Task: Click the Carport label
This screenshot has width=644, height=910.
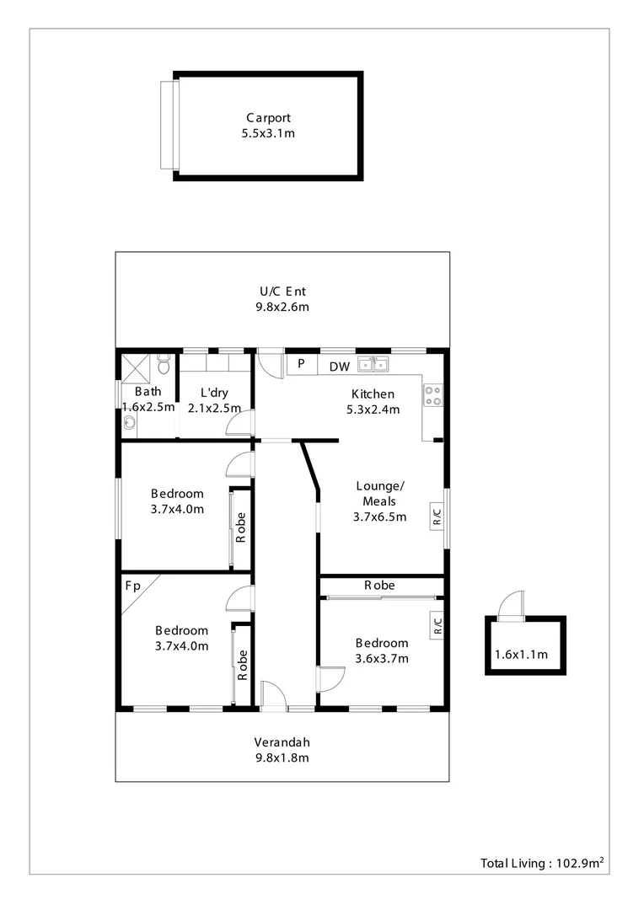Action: [x=269, y=118]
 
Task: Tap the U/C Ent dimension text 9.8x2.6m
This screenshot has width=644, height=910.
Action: [x=282, y=308]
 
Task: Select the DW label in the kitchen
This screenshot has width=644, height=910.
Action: [x=340, y=367]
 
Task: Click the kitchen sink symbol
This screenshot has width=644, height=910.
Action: [x=373, y=365]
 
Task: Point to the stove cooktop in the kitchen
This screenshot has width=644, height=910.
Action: [x=433, y=395]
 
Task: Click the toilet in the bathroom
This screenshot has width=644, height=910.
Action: [x=164, y=365]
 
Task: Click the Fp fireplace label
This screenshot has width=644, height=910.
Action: [x=132, y=585]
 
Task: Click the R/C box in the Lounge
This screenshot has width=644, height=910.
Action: [x=437, y=514]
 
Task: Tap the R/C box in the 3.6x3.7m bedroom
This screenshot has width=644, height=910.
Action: [x=437, y=625]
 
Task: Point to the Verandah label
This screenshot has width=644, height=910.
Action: [x=282, y=742]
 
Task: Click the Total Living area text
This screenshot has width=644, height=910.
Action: [x=545, y=863]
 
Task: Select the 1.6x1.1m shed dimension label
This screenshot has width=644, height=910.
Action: [x=521, y=655]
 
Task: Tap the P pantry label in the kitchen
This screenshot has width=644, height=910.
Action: [x=301, y=365]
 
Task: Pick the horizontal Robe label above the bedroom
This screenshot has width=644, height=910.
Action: [x=379, y=585]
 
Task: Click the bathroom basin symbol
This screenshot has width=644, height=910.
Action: [x=128, y=424]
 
